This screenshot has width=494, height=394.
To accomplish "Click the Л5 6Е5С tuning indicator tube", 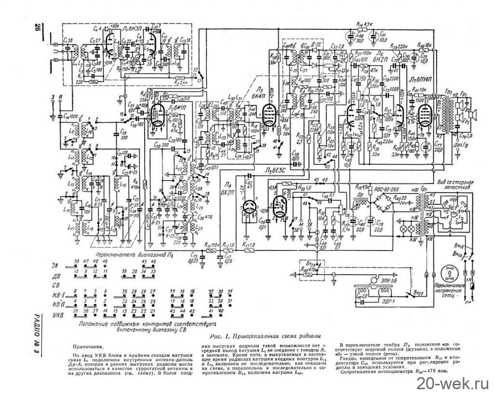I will pyautogui.click(x=280, y=205).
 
